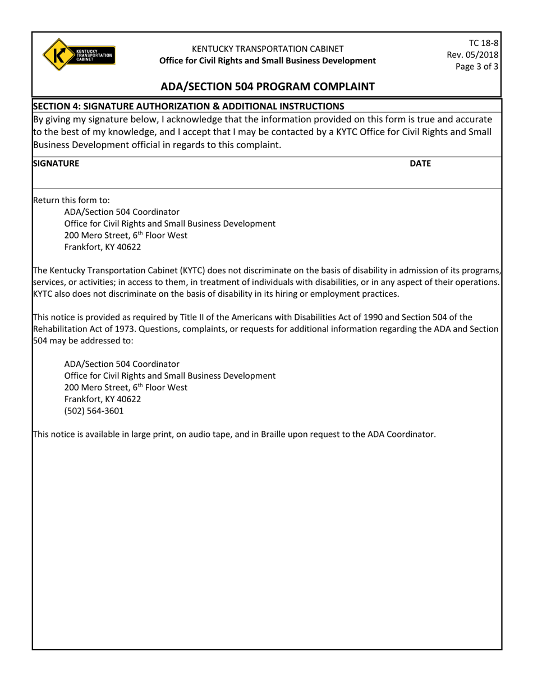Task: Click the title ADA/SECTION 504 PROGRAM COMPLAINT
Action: (267, 86)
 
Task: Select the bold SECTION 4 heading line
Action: (189, 106)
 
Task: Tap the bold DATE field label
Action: (420, 163)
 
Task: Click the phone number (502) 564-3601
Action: (94, 411)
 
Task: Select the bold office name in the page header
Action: (267, 61)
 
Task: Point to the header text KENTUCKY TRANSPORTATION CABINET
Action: (268, 49)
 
